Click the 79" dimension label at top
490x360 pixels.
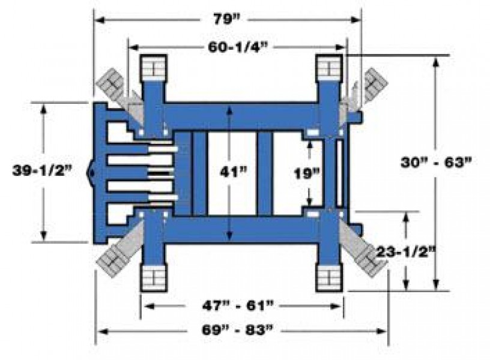(x=227, y=19)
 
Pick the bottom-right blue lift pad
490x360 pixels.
(x=330, y=278)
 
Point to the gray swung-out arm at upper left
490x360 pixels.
(x=110, y=83)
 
